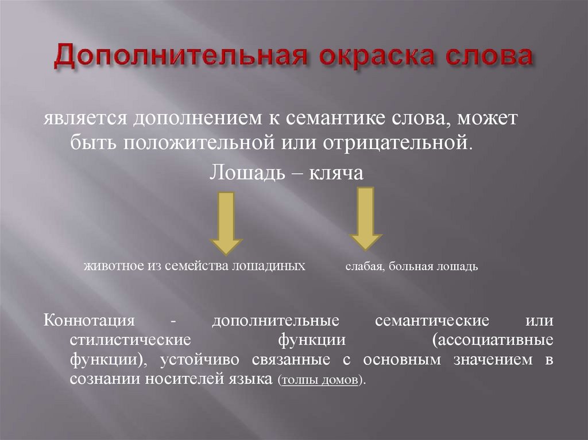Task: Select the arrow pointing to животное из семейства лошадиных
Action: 227,223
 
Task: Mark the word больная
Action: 411,267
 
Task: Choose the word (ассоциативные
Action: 493,340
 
